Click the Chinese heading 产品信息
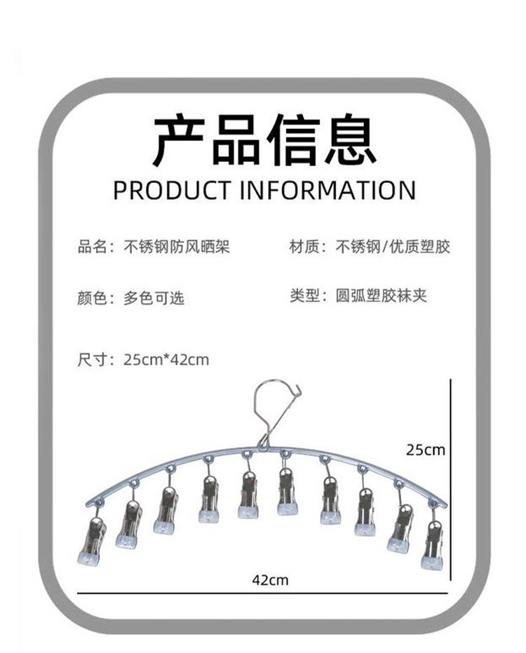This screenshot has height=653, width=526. [264, 140]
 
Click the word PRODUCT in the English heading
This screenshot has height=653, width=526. [172, 191]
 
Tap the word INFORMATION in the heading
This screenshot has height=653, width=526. [328, 191]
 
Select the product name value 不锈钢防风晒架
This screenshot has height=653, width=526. [177, 247]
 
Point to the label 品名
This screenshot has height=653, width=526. [92, 247]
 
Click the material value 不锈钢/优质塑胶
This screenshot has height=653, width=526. [393, 247]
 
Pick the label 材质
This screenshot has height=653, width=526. [304, 247]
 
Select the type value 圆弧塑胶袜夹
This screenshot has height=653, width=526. [382, 296]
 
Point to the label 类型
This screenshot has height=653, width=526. [304, 296]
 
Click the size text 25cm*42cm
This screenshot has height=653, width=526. [166, 360]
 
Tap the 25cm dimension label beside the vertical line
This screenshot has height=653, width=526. [426, 450]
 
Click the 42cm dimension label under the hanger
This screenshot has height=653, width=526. [270, 580]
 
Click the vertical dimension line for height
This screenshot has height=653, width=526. [450, 479]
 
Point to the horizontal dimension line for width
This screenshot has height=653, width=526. [262, 593]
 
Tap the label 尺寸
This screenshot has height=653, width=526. [92, 360]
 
